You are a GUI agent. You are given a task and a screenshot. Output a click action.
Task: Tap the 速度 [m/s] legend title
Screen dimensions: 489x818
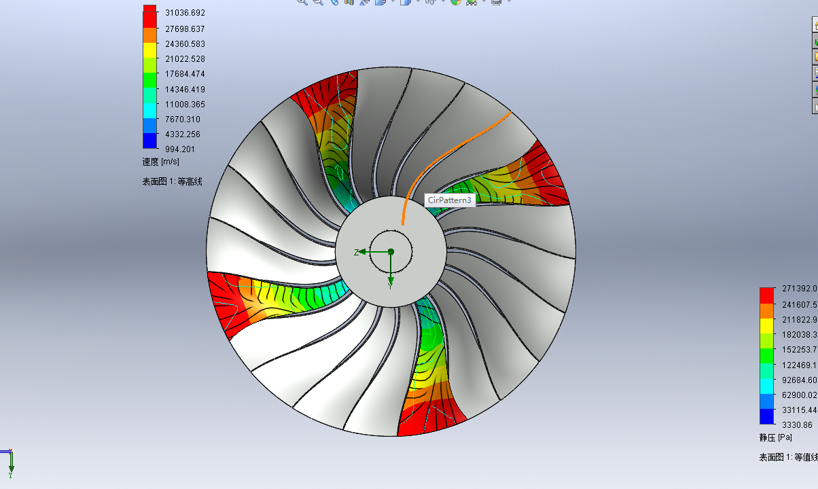click(160, 162)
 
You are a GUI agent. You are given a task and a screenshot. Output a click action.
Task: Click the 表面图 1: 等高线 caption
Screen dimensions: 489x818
click(172, 181)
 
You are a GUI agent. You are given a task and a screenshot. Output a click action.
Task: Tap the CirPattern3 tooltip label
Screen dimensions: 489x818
click(449, 200)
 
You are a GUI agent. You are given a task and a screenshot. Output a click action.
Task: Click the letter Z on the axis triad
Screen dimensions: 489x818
click(356, 252)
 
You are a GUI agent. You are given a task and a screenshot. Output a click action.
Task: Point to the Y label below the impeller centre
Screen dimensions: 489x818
click(391, 286)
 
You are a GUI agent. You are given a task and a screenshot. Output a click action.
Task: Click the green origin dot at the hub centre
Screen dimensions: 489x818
click(391, 251)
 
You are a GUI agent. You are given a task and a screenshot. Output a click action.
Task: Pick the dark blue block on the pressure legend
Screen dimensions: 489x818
click(766, 416)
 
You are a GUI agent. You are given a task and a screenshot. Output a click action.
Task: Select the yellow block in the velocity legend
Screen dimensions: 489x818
click(149, 50)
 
